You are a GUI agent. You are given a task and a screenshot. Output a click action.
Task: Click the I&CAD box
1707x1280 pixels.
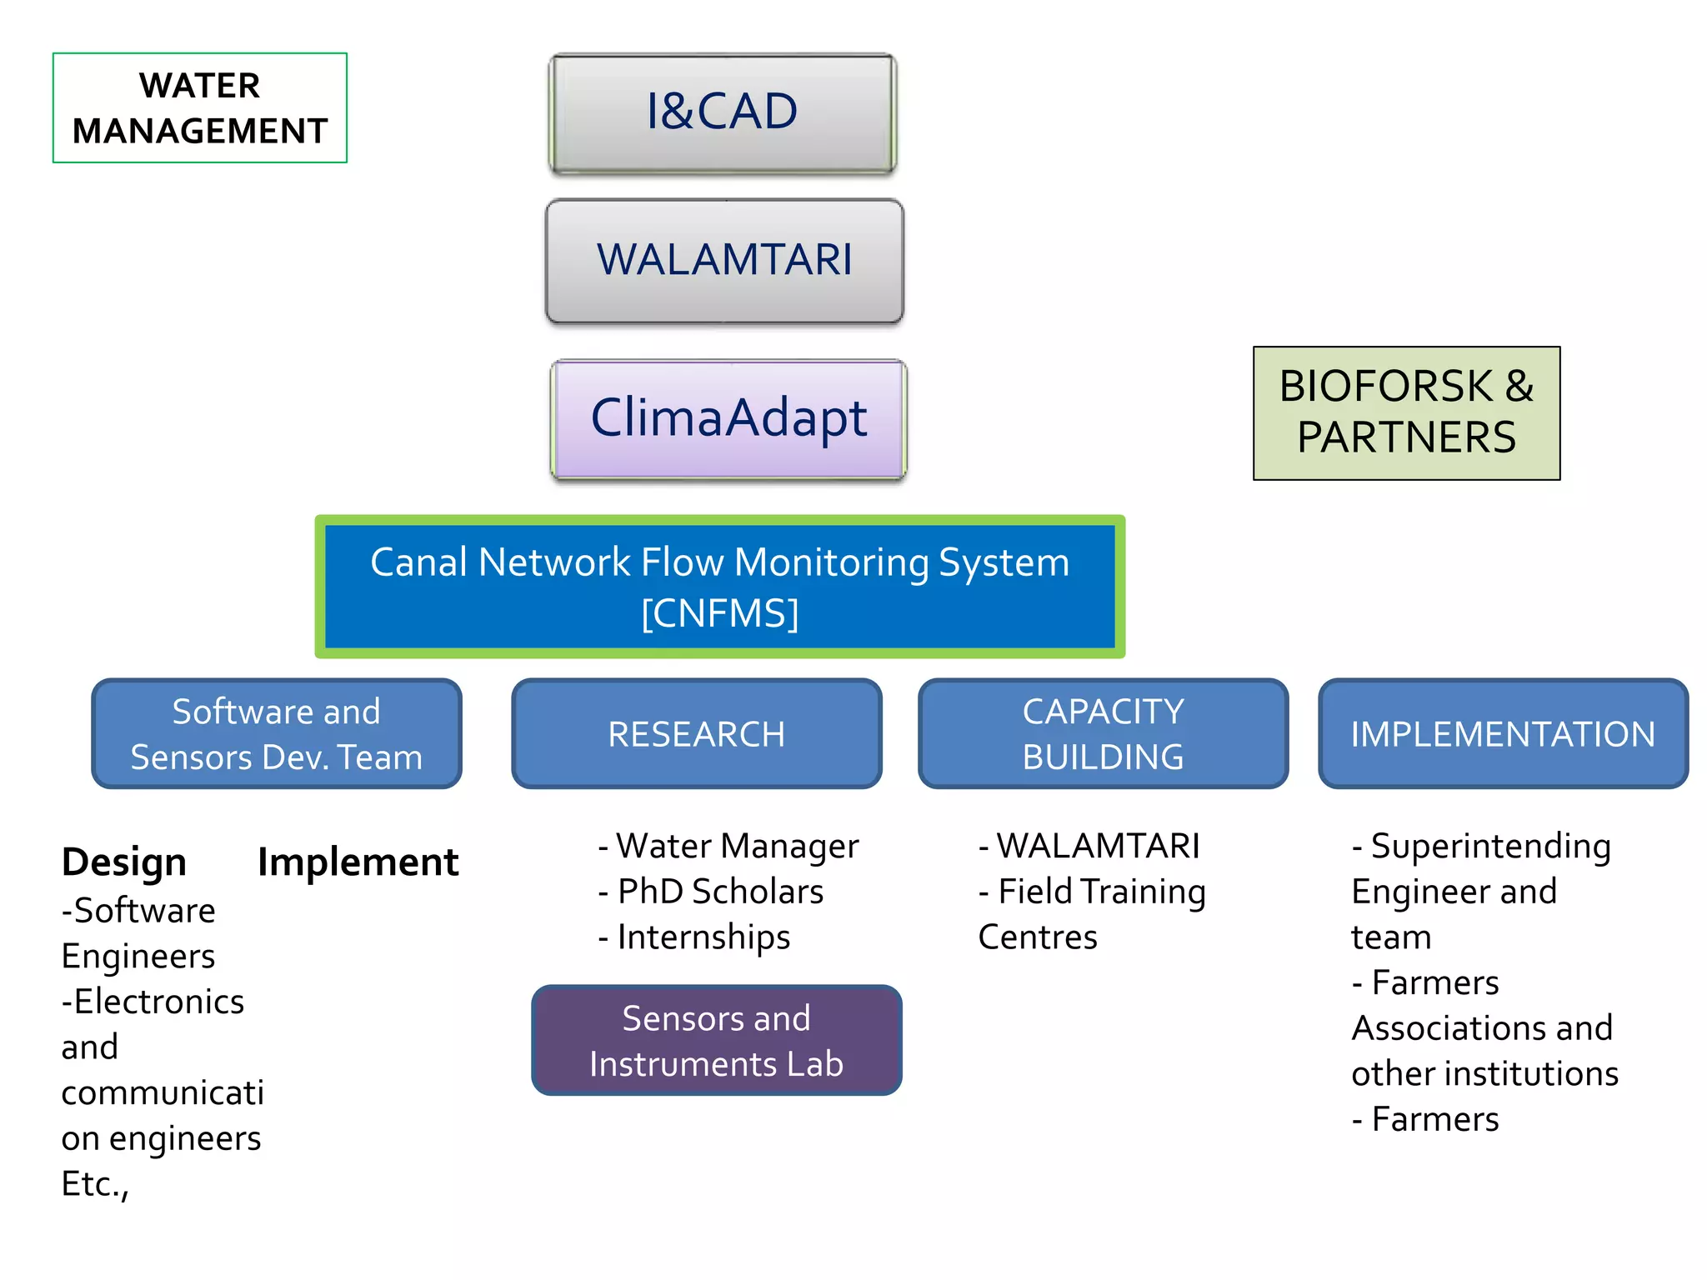pos(722,112)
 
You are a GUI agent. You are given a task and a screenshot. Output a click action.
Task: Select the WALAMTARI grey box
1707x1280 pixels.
pos(723,260)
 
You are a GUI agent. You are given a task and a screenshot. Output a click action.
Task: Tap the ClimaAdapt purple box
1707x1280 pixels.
pos(728,418)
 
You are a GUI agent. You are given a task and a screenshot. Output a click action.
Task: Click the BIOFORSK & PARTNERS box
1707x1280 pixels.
pos(1406,412)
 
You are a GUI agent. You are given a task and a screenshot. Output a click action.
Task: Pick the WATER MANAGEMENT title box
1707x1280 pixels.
pos(200,108)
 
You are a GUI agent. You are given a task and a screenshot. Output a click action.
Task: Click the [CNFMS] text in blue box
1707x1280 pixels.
pos(719,613)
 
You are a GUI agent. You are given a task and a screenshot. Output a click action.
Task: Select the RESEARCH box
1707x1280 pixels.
pos(696,734)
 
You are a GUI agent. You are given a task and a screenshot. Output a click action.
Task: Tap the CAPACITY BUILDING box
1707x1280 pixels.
pos(1102,734)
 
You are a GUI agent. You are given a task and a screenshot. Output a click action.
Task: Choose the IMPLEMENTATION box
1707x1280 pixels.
pos(1502,734)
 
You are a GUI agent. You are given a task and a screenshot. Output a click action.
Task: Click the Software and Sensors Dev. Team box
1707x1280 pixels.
pos(276,734)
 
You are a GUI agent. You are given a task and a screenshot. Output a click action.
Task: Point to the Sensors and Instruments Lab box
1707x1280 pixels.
pos(716,1041)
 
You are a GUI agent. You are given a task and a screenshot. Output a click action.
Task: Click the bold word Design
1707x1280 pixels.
pos(124,862)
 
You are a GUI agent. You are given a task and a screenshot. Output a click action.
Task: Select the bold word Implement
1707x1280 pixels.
pos(358,862)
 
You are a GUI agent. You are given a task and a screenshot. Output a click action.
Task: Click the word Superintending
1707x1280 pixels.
pos(1490,847)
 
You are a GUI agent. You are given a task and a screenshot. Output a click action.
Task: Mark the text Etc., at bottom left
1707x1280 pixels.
pos(95,1184)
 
